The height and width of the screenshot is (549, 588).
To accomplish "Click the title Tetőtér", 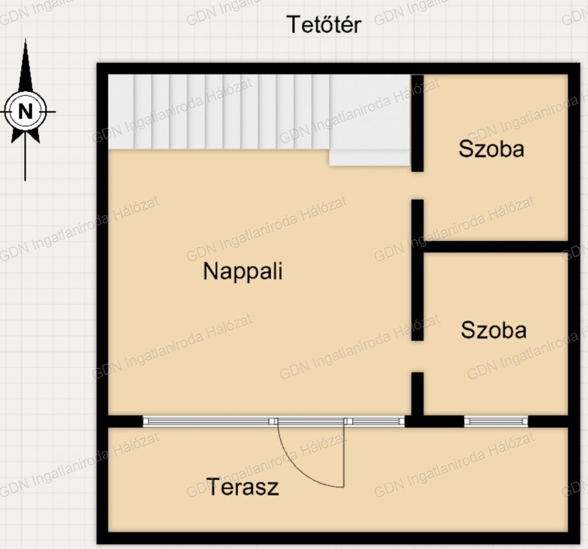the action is point(324,25).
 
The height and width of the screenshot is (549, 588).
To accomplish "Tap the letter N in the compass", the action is point(26,112).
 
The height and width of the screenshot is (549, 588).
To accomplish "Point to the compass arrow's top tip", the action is point(26,39).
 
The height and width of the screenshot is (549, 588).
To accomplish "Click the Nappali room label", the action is point(243,271).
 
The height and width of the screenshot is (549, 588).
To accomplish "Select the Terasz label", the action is point(242,487).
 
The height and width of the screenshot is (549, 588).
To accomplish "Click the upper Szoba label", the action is point(491,149).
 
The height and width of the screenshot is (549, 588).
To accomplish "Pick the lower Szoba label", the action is point(494,330).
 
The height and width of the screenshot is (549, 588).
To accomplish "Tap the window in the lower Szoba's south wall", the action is point(496,421).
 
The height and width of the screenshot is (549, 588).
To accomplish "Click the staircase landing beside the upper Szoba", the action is point(369,119).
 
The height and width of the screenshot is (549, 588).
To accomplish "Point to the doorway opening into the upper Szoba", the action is point(418,186).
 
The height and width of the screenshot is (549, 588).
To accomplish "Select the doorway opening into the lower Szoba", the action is point(418,356).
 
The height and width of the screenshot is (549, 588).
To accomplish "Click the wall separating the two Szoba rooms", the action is point(496,247).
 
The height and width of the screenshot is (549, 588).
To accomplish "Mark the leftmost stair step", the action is point(121,112).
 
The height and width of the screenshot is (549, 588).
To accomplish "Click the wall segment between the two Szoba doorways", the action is point(418,270).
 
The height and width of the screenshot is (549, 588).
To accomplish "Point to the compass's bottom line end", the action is point(25,180).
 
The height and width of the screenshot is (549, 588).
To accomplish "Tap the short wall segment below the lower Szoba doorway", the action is point(418,394).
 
